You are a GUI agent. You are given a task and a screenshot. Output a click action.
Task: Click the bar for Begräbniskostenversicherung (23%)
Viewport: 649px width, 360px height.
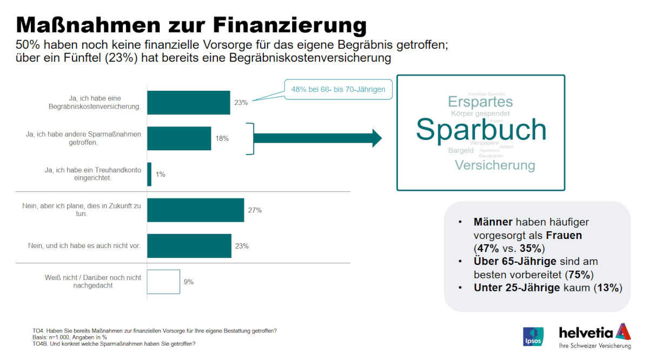[188, 103]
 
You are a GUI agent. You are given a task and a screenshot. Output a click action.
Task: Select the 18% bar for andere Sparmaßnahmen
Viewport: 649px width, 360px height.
[179, 138]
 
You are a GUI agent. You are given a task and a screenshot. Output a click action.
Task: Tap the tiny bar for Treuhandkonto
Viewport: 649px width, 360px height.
[149, 174]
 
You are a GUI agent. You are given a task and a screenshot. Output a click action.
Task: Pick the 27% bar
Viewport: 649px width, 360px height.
[195, 210]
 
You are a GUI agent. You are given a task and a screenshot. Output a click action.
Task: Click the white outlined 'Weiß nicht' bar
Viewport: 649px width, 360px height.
[163, 282]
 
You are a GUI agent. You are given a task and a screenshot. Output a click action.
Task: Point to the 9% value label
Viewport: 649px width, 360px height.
[189, 282]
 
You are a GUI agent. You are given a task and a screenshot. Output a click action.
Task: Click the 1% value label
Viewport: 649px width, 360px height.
[161, 175]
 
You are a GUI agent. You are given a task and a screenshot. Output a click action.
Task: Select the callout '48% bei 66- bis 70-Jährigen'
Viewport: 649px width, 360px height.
[338, 89]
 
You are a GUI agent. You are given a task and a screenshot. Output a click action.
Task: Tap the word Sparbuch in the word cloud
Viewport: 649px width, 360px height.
[481, 130]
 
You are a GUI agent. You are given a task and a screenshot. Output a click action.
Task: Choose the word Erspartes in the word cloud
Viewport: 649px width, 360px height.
[480, 102]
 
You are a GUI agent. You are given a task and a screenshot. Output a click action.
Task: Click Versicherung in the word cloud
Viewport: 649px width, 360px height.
[494, 165]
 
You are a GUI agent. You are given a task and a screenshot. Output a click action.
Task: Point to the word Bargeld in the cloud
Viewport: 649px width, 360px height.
[461, 150]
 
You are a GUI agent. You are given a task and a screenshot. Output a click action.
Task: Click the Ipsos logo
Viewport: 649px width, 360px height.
[532, 336]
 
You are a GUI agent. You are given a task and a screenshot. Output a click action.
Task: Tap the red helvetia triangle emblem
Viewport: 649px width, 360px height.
[623, 331]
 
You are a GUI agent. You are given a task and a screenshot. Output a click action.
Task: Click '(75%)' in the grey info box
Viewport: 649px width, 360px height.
[580, 274]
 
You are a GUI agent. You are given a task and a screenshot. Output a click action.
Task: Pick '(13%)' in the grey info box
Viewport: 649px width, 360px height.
[608, 288]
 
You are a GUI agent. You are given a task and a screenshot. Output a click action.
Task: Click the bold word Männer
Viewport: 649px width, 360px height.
[493, 222]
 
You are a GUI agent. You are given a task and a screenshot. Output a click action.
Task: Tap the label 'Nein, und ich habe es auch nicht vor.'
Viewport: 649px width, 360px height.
[84, 246]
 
